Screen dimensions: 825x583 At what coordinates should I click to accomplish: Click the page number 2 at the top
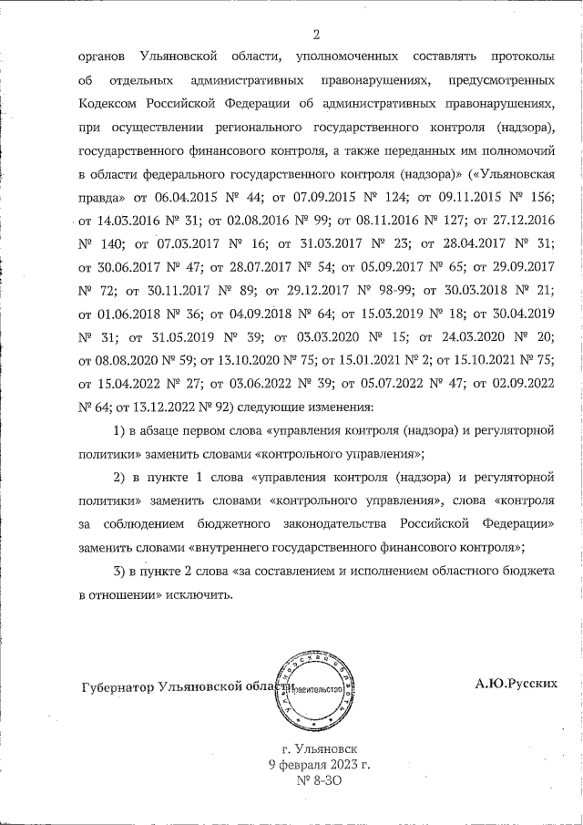click(315, 36)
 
